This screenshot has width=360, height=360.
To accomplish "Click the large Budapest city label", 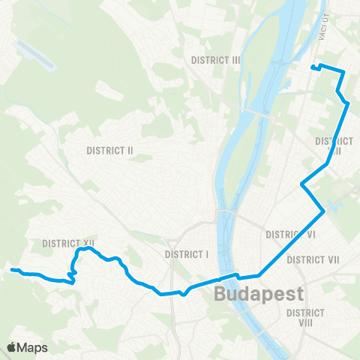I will [x=259, y=293].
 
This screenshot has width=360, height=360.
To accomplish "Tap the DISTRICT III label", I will [x=215, y=60].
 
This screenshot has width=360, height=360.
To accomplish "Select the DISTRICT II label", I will [x=109, y=150].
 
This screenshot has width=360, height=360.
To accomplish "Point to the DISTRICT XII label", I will [x=68, y=243].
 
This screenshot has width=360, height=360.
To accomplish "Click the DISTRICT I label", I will [x=186, y=253].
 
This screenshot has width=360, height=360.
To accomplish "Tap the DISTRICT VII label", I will [x=313, y=259].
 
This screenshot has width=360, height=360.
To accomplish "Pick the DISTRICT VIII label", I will [x=305, y=316].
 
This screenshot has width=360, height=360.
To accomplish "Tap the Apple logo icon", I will [x=13, y=347].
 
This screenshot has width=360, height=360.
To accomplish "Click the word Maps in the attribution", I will [x=33, y=347].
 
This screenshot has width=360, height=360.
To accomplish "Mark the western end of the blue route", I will [x=13, y=270].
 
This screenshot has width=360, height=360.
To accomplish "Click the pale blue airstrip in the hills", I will [x=36, y=52].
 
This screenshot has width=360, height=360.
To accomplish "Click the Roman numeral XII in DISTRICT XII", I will [x=88, y=243].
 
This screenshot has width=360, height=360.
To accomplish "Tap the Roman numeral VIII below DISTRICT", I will [x=305, y=322].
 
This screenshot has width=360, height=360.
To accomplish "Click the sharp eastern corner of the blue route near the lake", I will [x=323, y=211].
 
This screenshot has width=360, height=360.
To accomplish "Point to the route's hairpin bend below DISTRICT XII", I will [x=72, y=280].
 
